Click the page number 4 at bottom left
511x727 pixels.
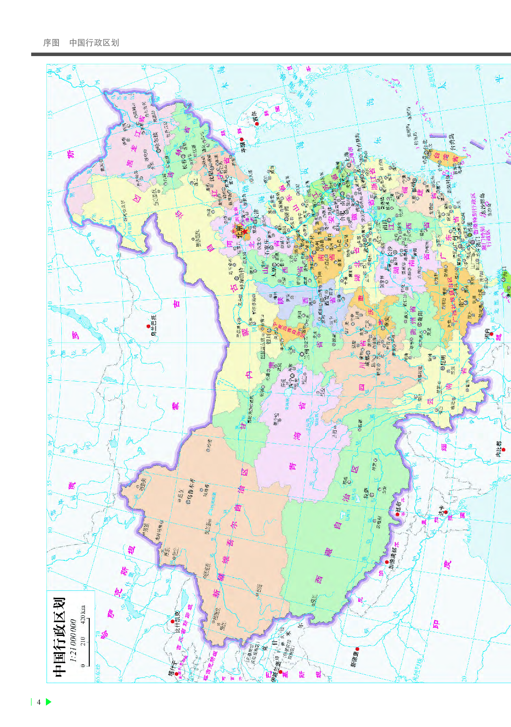click(39, 702)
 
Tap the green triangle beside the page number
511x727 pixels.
click(48, 702)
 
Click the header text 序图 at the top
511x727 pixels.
click(51, 43)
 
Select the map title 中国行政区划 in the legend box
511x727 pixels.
click(60, 636)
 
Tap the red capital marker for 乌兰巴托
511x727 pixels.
click(148, 326)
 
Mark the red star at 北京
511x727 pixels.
click(245, 231)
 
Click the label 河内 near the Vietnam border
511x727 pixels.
click(487, 334)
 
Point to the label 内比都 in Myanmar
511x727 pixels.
click(499, 449)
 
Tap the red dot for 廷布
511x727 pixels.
click(397, 514)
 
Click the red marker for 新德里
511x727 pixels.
click(357, 649)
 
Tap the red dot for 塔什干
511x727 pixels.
click(176, 674)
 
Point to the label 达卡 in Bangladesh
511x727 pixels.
click(446, 512)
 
